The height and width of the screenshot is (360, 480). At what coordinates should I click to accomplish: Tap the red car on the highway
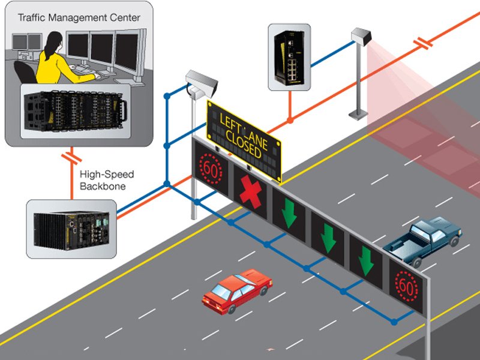tap(236, 290)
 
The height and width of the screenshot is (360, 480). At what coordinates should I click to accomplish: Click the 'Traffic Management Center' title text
tap(79, 17)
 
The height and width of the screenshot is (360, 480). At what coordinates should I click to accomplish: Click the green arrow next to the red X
tap(290, 212)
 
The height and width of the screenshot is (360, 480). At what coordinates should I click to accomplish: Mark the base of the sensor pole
tap(358, 113)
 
